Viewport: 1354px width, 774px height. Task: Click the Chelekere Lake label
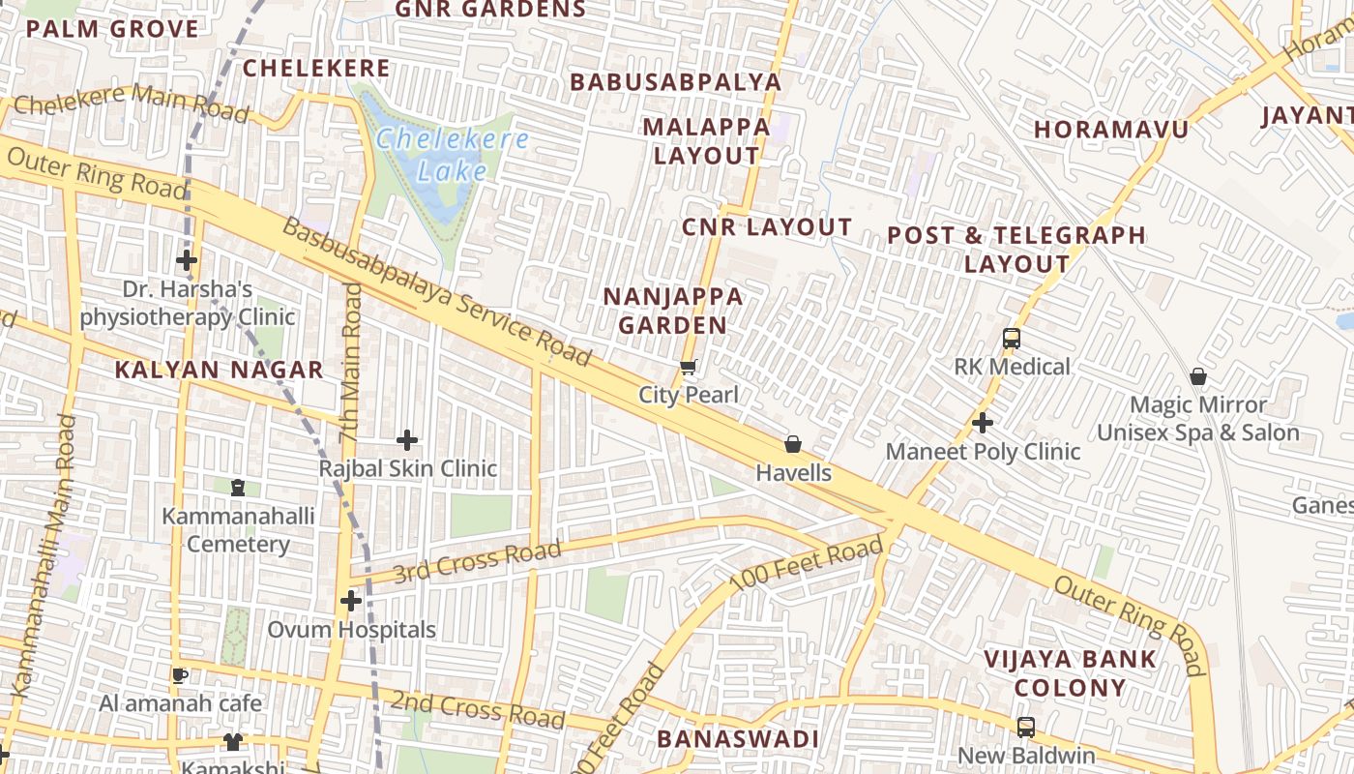point(452,155)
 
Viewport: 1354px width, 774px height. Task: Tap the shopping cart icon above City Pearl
point(689,367)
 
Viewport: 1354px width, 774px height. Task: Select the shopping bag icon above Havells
point(793,444)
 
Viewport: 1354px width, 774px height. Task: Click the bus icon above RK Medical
point(1012,339)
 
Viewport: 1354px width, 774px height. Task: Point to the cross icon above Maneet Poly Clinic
point(983,423)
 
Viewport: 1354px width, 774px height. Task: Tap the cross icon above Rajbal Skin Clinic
point(407,440)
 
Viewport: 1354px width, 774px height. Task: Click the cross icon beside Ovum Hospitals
point(351,601)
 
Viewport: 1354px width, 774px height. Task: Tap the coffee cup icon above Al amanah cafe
point(180,674)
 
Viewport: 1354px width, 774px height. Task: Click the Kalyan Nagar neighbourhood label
point(219,370)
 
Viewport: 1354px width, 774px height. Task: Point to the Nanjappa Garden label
point(673,311)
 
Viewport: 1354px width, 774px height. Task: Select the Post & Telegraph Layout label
point(1016,249)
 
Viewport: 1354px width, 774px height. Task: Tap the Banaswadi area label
point(738,739)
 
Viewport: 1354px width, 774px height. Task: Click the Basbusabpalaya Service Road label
point(436,291)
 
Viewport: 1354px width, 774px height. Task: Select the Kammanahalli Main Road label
point(42,556)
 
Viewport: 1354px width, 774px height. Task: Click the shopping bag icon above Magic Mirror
point(1198,376)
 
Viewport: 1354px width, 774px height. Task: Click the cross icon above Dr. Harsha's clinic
point(187,260)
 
